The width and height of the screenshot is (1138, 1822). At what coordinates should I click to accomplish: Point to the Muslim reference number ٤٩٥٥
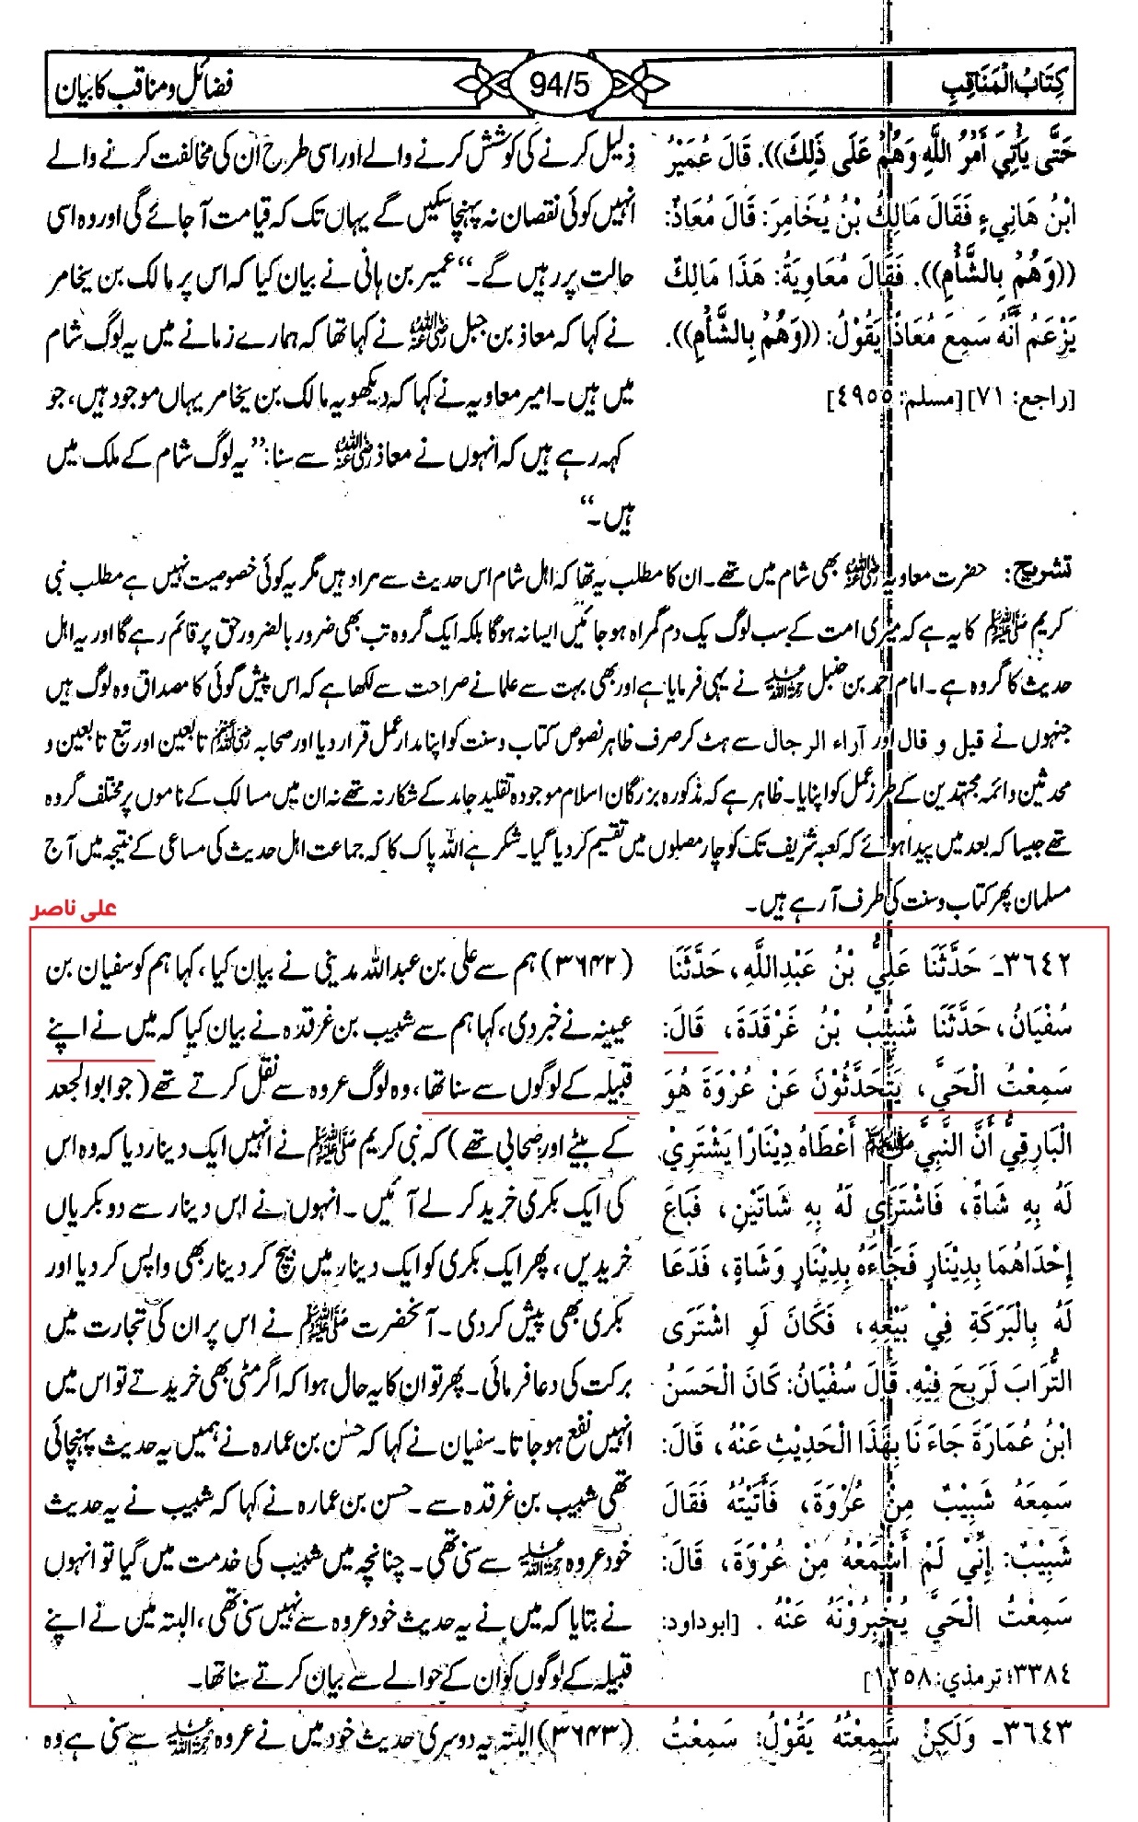click(x=861, y=400)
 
